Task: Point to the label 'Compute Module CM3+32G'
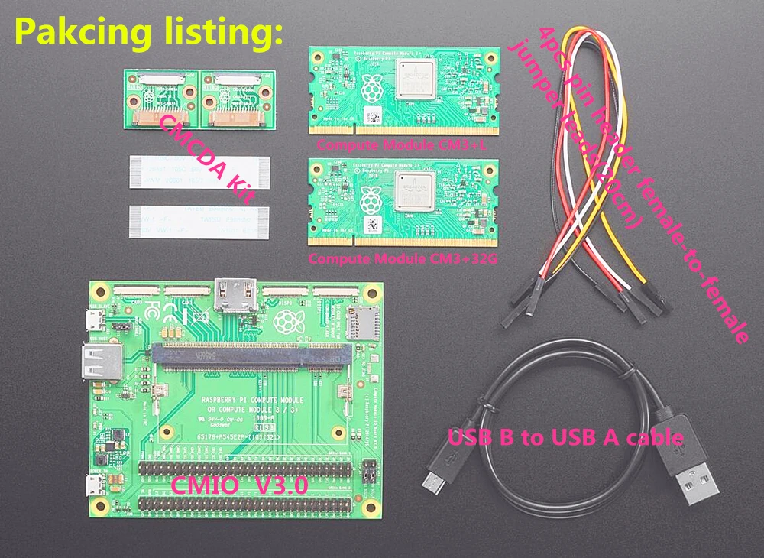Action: [x=403, y=258]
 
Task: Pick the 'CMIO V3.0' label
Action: [x=238, y=484]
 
